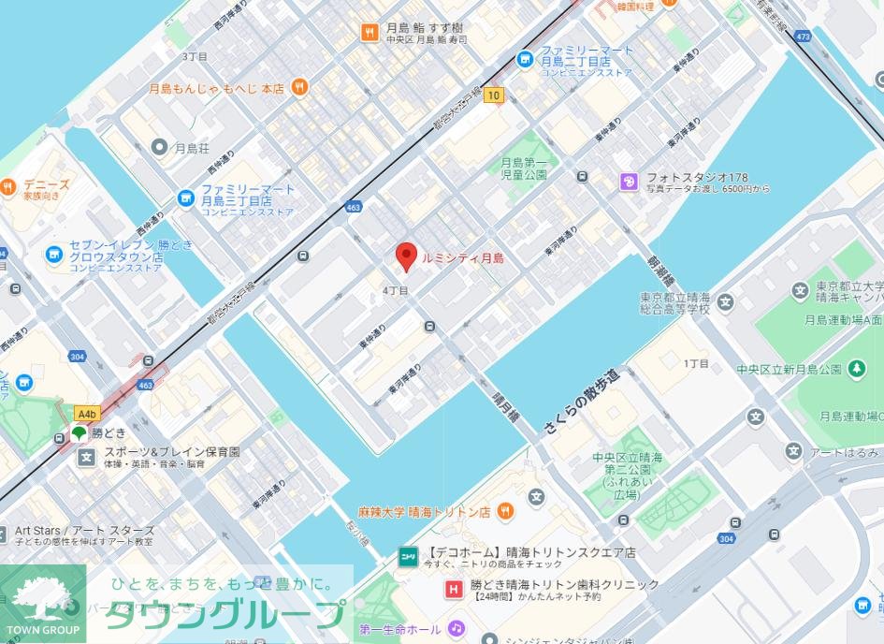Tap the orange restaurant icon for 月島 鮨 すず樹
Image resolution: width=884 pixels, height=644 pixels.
pyautogui.click(x=370, y=33)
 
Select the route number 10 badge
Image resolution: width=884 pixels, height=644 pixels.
pyautogui.click(x=494, y=95)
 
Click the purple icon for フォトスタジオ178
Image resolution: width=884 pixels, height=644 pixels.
pyautogui.click(x=629, y=182)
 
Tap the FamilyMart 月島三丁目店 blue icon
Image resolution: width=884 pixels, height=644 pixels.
pyautogui.click(x=185, y=198)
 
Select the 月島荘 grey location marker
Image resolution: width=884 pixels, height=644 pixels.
pyautogui.click(x=159, y=147)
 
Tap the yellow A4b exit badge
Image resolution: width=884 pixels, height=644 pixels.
pyautogui.click(x=87, y=413)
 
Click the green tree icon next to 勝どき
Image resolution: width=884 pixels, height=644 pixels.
pyautogui.click(x=79, y=433)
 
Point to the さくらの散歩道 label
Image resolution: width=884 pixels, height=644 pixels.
pyautogui.click(x=581, y=398)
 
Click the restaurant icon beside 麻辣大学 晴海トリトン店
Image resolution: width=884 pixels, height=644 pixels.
pyautogui.click(x=505, y=511)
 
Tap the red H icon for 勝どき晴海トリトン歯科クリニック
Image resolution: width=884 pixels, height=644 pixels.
pyautogui.click(x=454, y=589)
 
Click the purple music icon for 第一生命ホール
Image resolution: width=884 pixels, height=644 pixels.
pyautogui.click(x=456, y=627)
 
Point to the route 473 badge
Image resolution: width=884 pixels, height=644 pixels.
pyautogui.click(x=803, y=37)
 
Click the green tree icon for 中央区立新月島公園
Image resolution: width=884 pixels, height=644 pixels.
pyautogui.click(x=857, y=370)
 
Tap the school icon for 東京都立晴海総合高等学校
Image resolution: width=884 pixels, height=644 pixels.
pyautogui.click(x=726, y=301)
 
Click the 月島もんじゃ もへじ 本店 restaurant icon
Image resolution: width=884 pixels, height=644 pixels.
pyautogui.click(x=299, y=88)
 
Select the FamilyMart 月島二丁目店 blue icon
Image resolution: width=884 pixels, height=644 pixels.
pyautogui.click(x=525, y=60)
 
